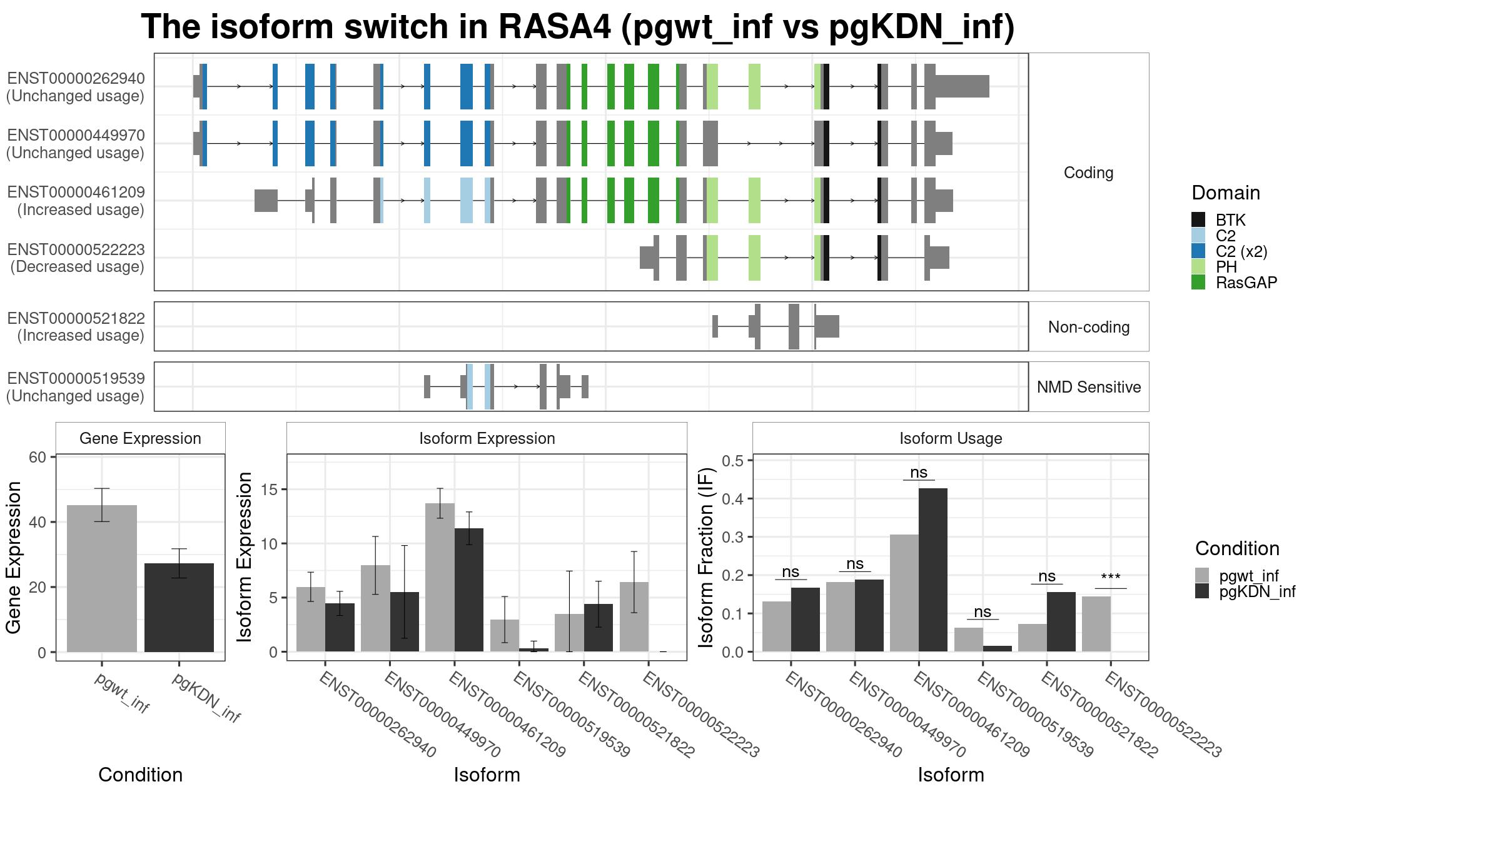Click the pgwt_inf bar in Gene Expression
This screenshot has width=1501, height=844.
(101, 578)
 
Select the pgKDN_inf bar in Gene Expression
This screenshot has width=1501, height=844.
(179, 608)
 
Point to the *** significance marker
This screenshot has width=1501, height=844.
(1110, 578)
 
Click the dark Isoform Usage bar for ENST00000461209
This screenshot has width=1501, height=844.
(932, 570)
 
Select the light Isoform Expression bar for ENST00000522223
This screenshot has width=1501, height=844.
(634, 617)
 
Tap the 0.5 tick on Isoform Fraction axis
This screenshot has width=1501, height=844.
(732, 461)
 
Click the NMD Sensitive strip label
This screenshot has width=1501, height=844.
(1089, 387)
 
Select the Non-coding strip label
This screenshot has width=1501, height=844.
(1089, 327)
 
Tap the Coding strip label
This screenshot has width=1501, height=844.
(1089, 173)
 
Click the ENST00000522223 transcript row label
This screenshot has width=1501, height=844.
(76, 258)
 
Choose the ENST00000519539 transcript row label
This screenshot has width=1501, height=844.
(76, 387)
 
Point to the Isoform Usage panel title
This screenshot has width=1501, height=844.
(951, 438)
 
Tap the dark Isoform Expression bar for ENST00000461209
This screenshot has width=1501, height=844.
(469, 590)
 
